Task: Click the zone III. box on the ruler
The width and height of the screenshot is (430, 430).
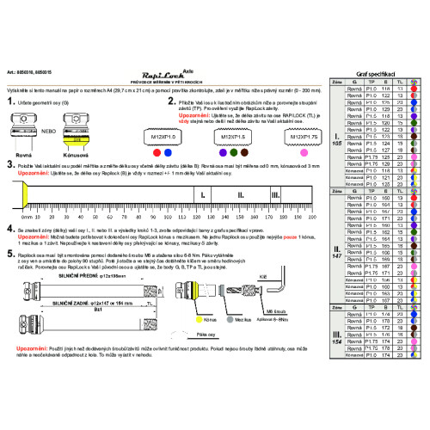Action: [x=274, y=195]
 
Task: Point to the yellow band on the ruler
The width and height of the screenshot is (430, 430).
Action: [x=28, y=196]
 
